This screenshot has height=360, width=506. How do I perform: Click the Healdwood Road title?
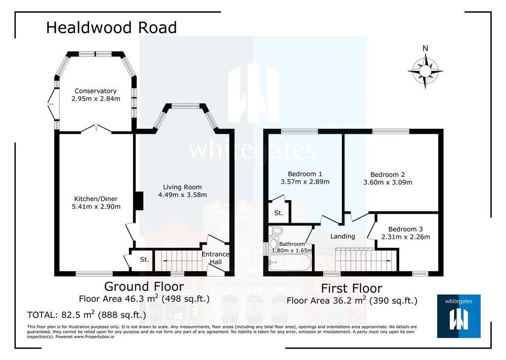click(x=111, y=28)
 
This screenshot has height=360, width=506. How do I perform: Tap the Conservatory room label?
click(x=95, y=91)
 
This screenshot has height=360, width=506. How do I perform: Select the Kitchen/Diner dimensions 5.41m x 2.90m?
click(x=96, y=206)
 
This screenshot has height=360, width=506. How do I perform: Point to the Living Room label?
click(x=182, y=187)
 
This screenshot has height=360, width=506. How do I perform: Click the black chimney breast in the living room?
click(x=139, y=201)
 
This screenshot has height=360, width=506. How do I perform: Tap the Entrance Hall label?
click(x=215, y=258)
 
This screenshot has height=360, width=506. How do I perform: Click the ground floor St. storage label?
click(x=144, y=259)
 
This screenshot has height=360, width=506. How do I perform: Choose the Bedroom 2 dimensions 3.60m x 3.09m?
click(x=387, y=182)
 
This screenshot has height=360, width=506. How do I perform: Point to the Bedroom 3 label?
click(x=405, y=229)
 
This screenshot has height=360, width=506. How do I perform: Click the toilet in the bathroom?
click(x=276, y=231)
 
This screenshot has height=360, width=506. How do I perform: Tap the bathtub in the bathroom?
click(x=290, y=263)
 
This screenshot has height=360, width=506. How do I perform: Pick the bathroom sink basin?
click(x=274, y=243)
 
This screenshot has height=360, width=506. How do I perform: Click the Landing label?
click(x=343, y=237)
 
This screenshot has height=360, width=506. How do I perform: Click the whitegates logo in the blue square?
click(x=459, y=316)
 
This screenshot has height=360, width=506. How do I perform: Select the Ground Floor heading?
click(x=144, y=286)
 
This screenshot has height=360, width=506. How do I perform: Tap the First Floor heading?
click(x=352, y=288)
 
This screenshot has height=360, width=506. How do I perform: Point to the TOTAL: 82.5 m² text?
click(x=86, y=315)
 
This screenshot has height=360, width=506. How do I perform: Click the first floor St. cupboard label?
click(x=279, y=213)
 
